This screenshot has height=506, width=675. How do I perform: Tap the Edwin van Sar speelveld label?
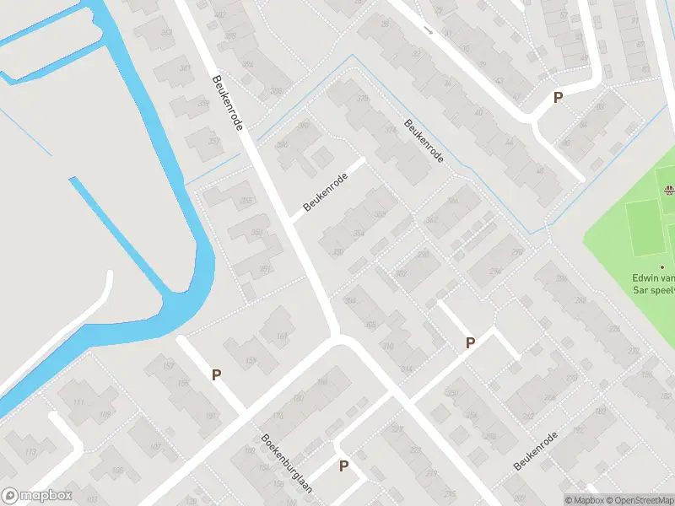(x=655, y=283)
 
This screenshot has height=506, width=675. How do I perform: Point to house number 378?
(x=364, y=99)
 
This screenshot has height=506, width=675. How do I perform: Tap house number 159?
(x=251, y=362)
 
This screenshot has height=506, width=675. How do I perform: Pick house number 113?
(x=31, y=452)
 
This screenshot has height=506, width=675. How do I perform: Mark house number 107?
(x=155, y=447)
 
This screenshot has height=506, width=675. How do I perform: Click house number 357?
(x=202, y=104)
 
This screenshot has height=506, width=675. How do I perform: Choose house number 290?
(x=518, y=250)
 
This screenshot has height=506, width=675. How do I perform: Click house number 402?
(x=220, y=15)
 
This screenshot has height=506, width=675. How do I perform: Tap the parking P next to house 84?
(x=558, y=98)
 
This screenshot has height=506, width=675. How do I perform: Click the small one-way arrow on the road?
(x=429, y=31)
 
